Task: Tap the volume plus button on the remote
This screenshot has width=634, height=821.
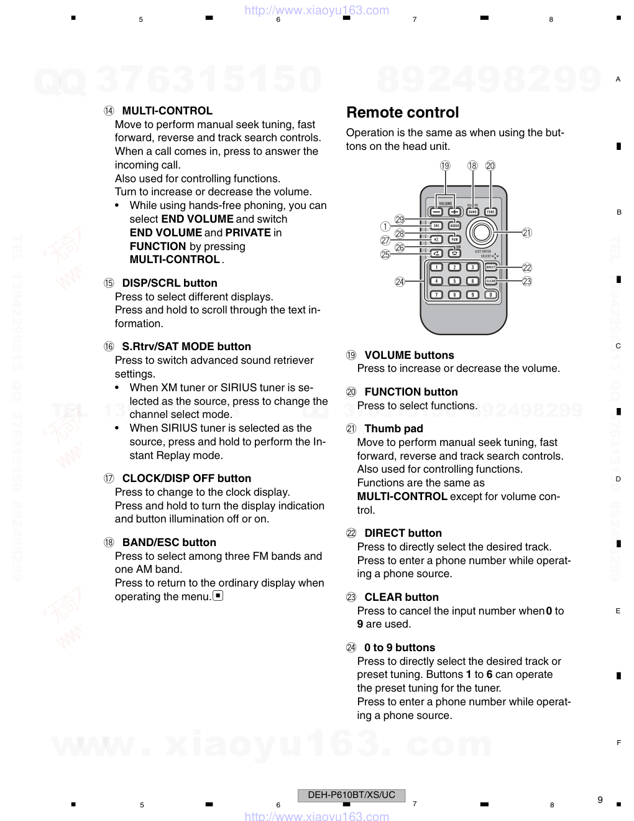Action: coord(455,211)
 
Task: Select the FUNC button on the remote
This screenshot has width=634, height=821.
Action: coord(491,211)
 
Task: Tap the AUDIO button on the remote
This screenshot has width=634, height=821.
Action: coord(455,226)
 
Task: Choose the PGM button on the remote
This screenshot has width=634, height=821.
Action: coord(455,239)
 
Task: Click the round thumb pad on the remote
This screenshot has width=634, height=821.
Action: coord(480,232)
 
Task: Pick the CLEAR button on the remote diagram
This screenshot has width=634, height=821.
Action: coord(490,281)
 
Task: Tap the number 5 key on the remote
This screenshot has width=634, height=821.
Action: coord(455,281)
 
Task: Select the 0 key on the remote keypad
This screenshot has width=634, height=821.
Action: coord(490,295)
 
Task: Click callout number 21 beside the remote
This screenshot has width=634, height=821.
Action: coord(527,233)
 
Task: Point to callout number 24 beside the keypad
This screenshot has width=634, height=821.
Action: coord(400,282)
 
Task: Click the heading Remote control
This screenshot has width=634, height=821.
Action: coord(402,113)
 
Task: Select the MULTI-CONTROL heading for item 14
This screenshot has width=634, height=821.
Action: coord(167,111)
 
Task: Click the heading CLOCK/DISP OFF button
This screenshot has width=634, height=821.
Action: coord(186,478)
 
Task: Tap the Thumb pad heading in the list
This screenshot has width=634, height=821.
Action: coord(393,429)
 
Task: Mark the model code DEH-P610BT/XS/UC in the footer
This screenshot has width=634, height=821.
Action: coord(351,795)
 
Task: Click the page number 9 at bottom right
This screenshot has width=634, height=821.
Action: coord(600,800)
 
